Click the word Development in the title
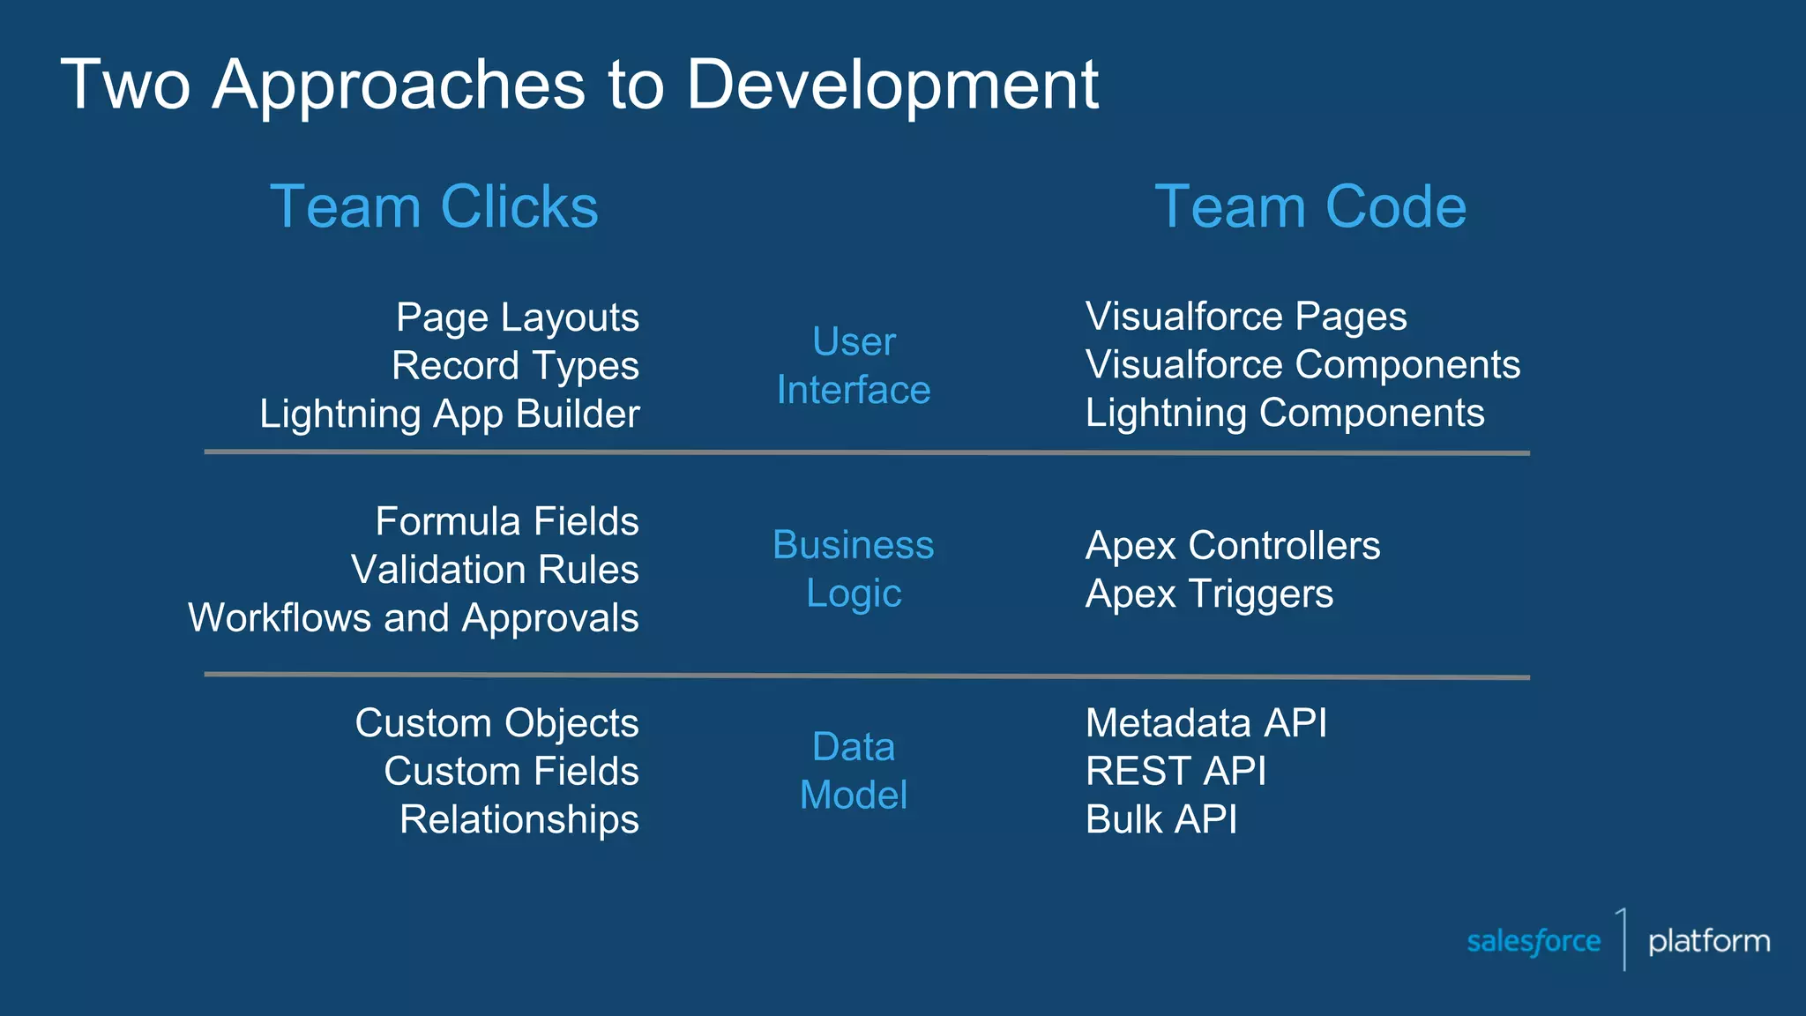[x=892, y=86]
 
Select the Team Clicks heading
[x=434, y=207]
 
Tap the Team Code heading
[x=1310, y=207]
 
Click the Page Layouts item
[x=518, y=317]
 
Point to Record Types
[x=515, y=366]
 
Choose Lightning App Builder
[x=449, y=415]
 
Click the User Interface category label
[x=854, y=366]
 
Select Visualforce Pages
[x=1245, y=317]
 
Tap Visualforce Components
[x=1302, y=365]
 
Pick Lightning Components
[x=1285, y=414]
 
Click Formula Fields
[x=507, y=521]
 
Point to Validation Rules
[x=495, y=570]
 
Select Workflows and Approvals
[x=414, y=618]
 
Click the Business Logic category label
[x=854, y=569]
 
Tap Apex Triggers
[x=1209, y=594]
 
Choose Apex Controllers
[x=1233, y=546]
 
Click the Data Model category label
[x=854, y=771]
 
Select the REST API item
[x=1175, y=772]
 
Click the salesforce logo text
[x=1534, y=941]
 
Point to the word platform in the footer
[x=1709, y=941]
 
